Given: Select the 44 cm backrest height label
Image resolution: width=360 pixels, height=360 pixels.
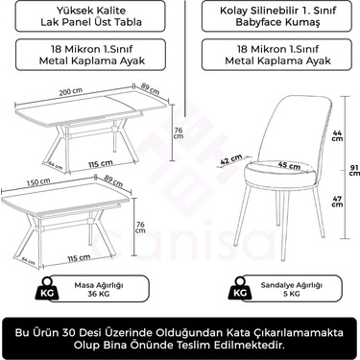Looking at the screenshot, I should point(338,135).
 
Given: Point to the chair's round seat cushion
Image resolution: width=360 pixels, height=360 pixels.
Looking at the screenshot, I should point(284,174).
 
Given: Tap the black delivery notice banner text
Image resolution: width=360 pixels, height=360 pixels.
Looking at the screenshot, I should point(180,337).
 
